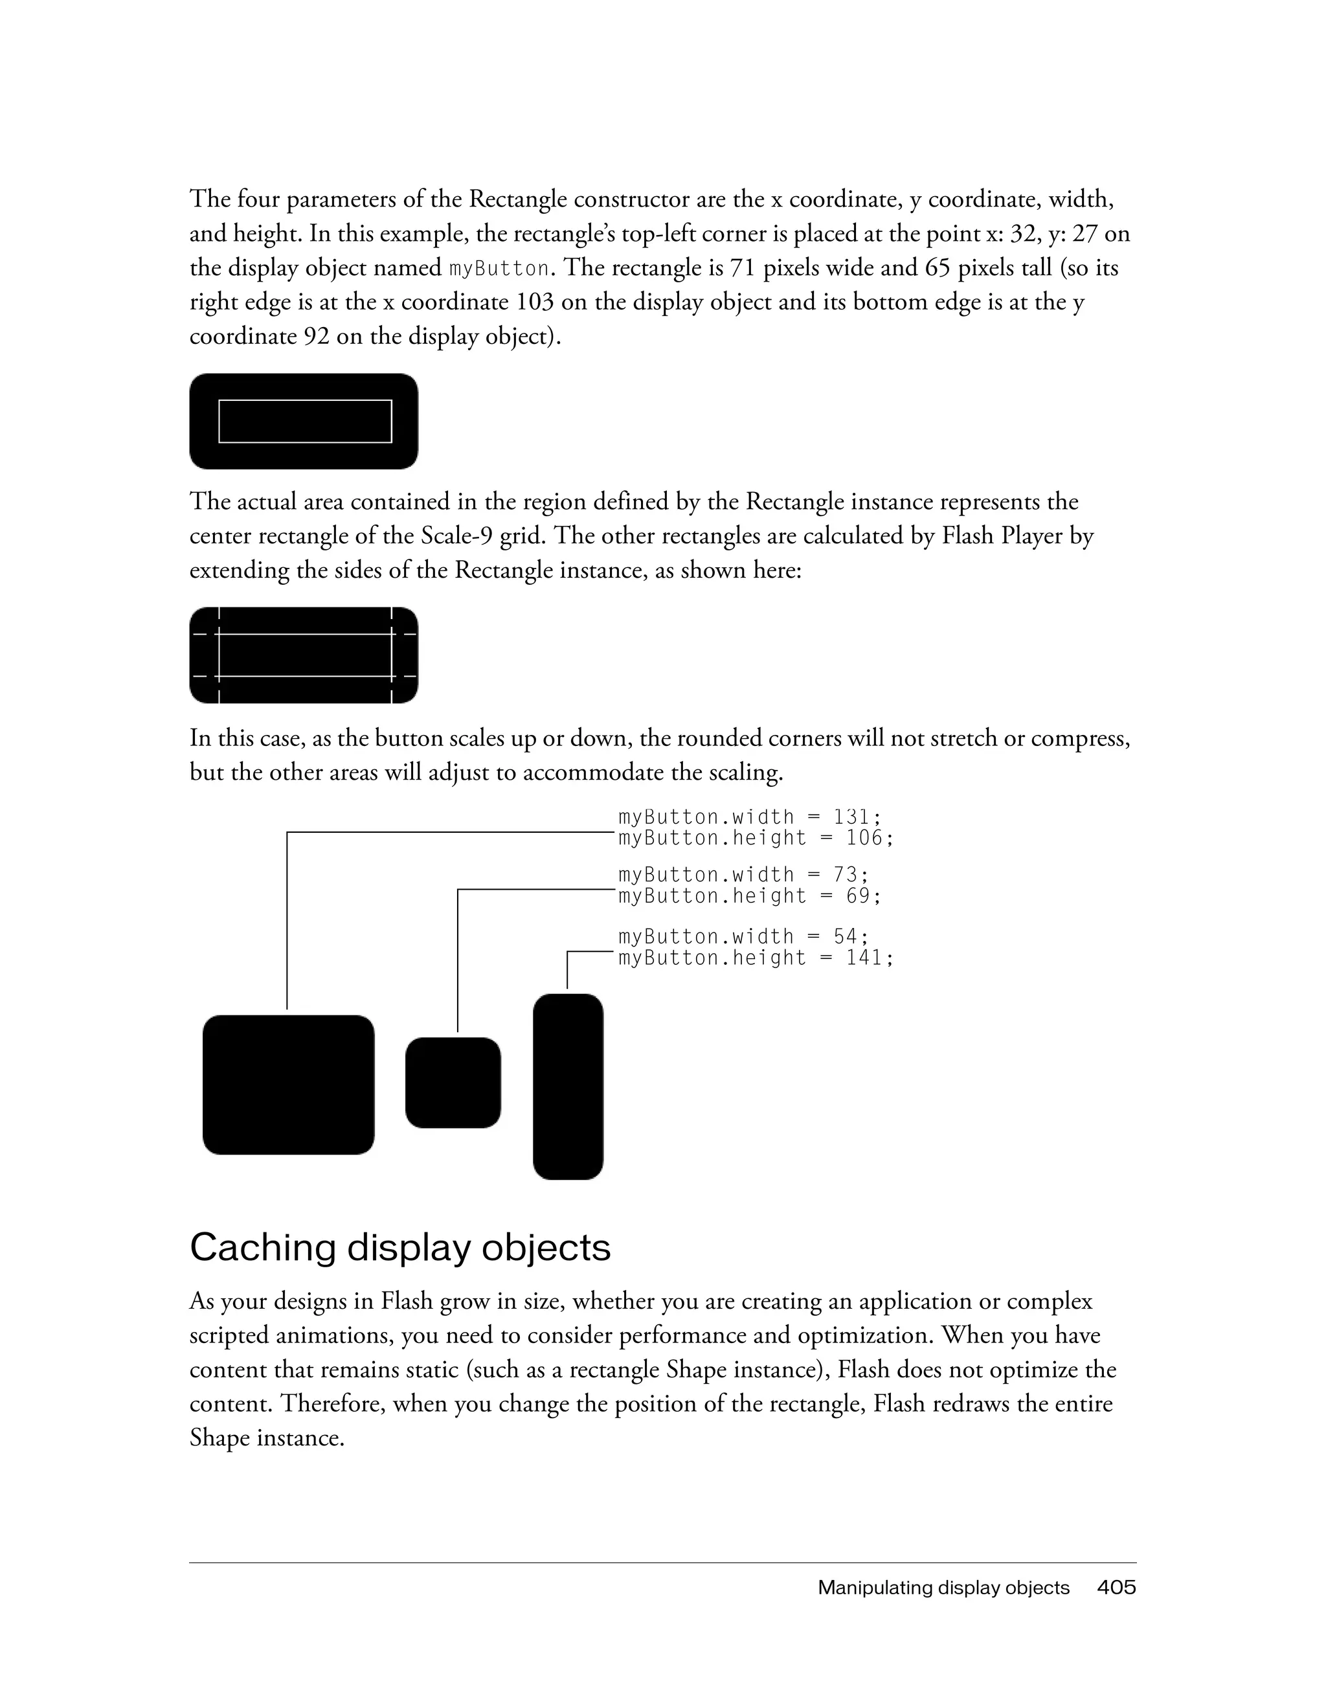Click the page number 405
pyautogui.click(x=1116, y=1587)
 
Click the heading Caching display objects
pyautogui.click(x=399, y=1247)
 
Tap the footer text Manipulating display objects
pyautogui.click(x=943, y=1587)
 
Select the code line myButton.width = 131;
pyautogui.click(x=749, y=817)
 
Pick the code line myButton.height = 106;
pyautogui.click(x=755, y=838)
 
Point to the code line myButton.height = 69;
pyautogui.click(x=749, y=896)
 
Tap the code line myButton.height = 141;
pyautogui.click(x=755, y=957)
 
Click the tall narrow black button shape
pyautogui.click(x=567, y=1086)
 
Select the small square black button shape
pyautogui.click(x=453, y=1082)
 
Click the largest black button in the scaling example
pyautogui.click(x=288, y=1085)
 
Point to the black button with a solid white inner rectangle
pyautogui.click(x=304, y=422)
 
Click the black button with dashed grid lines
pyautogui.click(x=304, y=655)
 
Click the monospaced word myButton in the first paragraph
pyautogui.click(x=499, y=269)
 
